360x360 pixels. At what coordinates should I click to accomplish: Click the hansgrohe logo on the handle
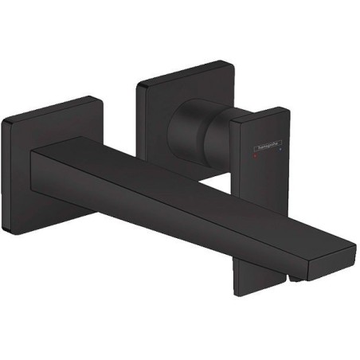(261, 145)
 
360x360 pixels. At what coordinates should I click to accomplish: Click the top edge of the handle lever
(259, 111)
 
